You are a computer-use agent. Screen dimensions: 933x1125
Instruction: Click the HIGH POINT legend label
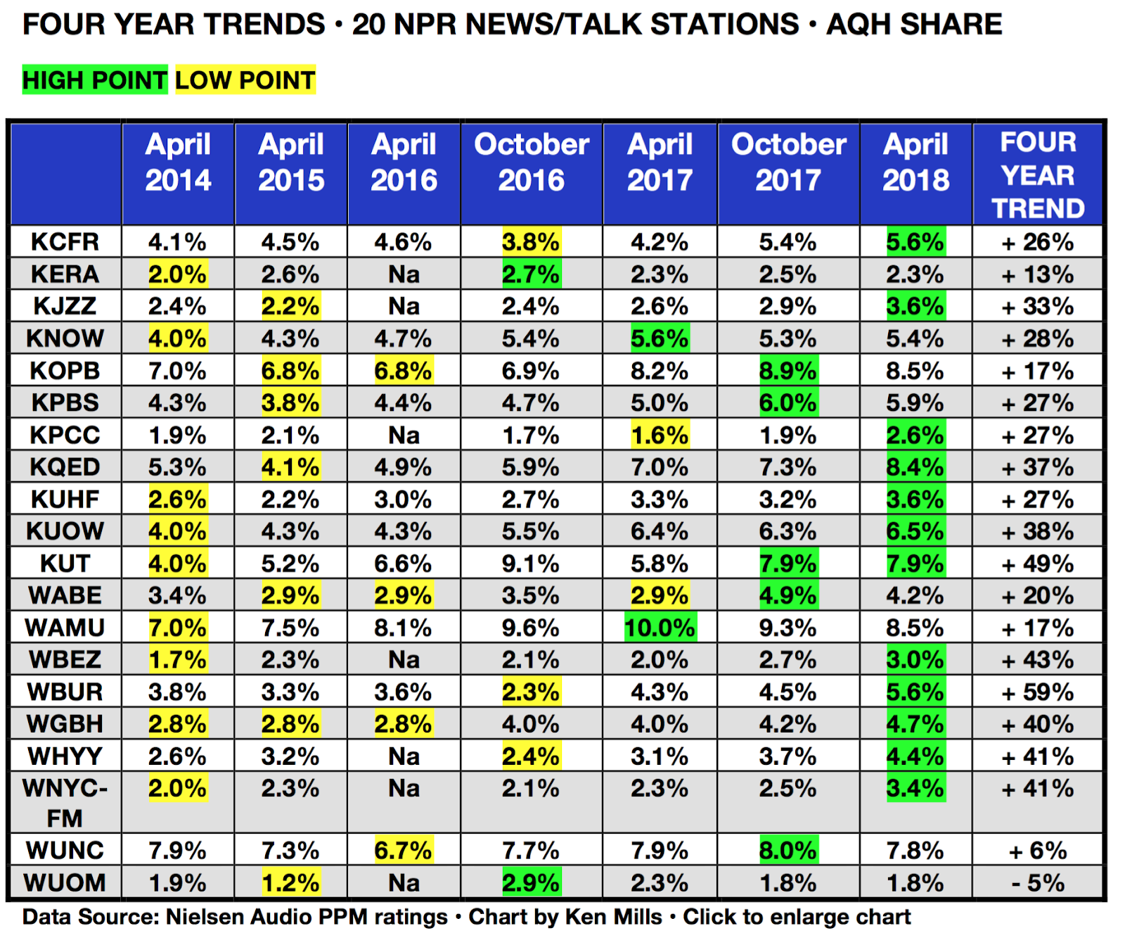tap(94, 80)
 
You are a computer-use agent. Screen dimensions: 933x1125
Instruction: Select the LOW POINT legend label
tap(245, 80)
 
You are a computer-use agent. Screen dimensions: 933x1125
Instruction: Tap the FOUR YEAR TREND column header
tap(1037, 175)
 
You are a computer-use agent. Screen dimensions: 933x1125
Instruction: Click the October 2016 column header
tap(531, 163)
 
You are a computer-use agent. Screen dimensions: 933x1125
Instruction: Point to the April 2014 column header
tap(178, 163)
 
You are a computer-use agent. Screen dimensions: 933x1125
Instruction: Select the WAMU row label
tap(65, 628)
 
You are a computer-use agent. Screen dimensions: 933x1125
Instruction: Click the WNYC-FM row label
tap(65, 803)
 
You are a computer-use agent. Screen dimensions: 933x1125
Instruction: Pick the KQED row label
tap(65, 467)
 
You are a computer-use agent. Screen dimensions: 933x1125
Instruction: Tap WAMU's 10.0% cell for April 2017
tap(660, 628)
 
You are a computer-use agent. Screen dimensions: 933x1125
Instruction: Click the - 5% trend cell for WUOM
tap(1037, 883)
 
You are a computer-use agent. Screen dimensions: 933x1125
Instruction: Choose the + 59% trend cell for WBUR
tap(1037, 692)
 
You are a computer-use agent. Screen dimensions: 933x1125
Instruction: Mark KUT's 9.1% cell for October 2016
tap(531, 564)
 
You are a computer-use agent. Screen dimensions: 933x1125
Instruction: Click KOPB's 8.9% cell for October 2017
tap(787, 371)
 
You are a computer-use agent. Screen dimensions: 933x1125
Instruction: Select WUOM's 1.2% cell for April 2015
tap(290, 883)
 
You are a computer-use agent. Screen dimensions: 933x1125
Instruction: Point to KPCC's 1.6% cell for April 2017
tap(660, 436)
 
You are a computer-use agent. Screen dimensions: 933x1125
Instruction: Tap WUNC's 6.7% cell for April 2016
tap(403, 851)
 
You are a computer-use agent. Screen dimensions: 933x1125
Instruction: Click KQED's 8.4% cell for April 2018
tap(915, 467)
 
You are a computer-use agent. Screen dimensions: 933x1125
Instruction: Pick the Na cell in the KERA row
tap(404, 274)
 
